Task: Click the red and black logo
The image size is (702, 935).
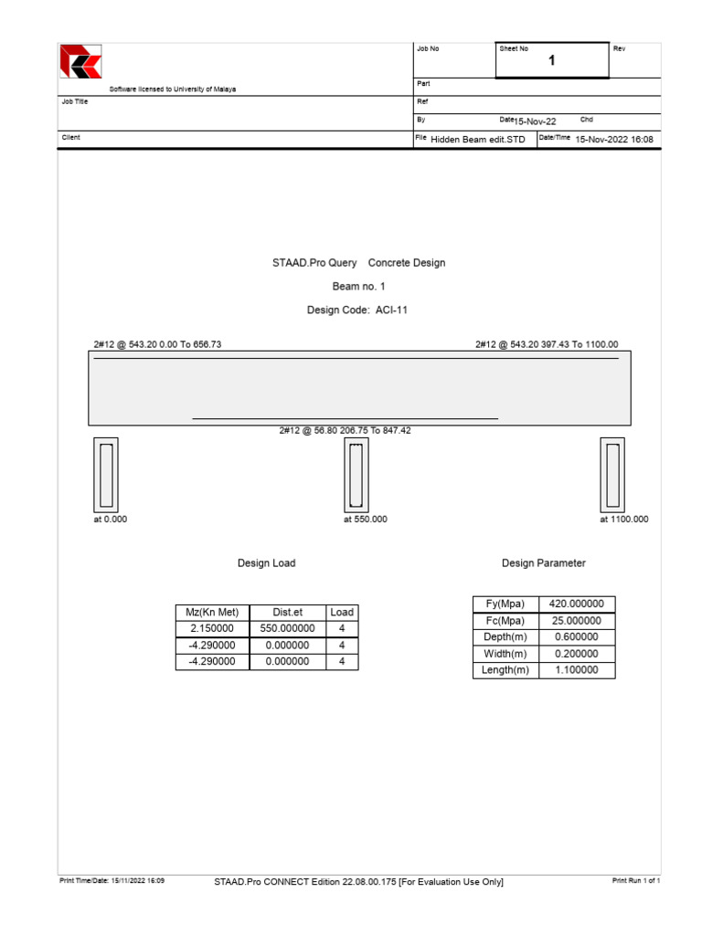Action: click(x=80, y=62)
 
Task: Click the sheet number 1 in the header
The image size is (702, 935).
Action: click(x=551, y=61)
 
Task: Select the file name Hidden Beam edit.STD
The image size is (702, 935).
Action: click(x=478, y=140)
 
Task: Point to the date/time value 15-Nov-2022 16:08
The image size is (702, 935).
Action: click(x=614, y=140)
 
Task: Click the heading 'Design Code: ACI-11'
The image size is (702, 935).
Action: click(x=357, y=310)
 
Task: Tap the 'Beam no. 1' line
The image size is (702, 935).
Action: click(x=358, y=287)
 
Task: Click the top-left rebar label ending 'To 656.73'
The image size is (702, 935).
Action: click(x=158, y=344)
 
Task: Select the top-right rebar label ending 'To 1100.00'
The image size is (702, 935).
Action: click(x=547, y=344)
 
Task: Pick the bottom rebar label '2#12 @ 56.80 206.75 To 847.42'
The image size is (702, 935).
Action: click(x=345, y=430)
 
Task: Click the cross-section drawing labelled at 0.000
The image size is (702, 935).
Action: click(x=106, y=475)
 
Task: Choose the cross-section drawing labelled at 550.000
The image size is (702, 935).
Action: click(x=356, y=475)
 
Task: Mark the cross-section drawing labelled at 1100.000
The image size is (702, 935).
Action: click(x=612, y=475)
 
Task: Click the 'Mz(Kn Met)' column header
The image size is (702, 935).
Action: click(x=212, y=613)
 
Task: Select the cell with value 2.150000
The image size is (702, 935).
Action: click(x=212, y=629)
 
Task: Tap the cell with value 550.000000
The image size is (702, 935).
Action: click(x=287, y=629)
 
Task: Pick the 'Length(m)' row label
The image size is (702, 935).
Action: click(x=506, y=670)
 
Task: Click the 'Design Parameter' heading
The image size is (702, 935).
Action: click(x=544, y=563)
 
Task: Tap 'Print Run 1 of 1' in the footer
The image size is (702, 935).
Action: click(x=635, y=881)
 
